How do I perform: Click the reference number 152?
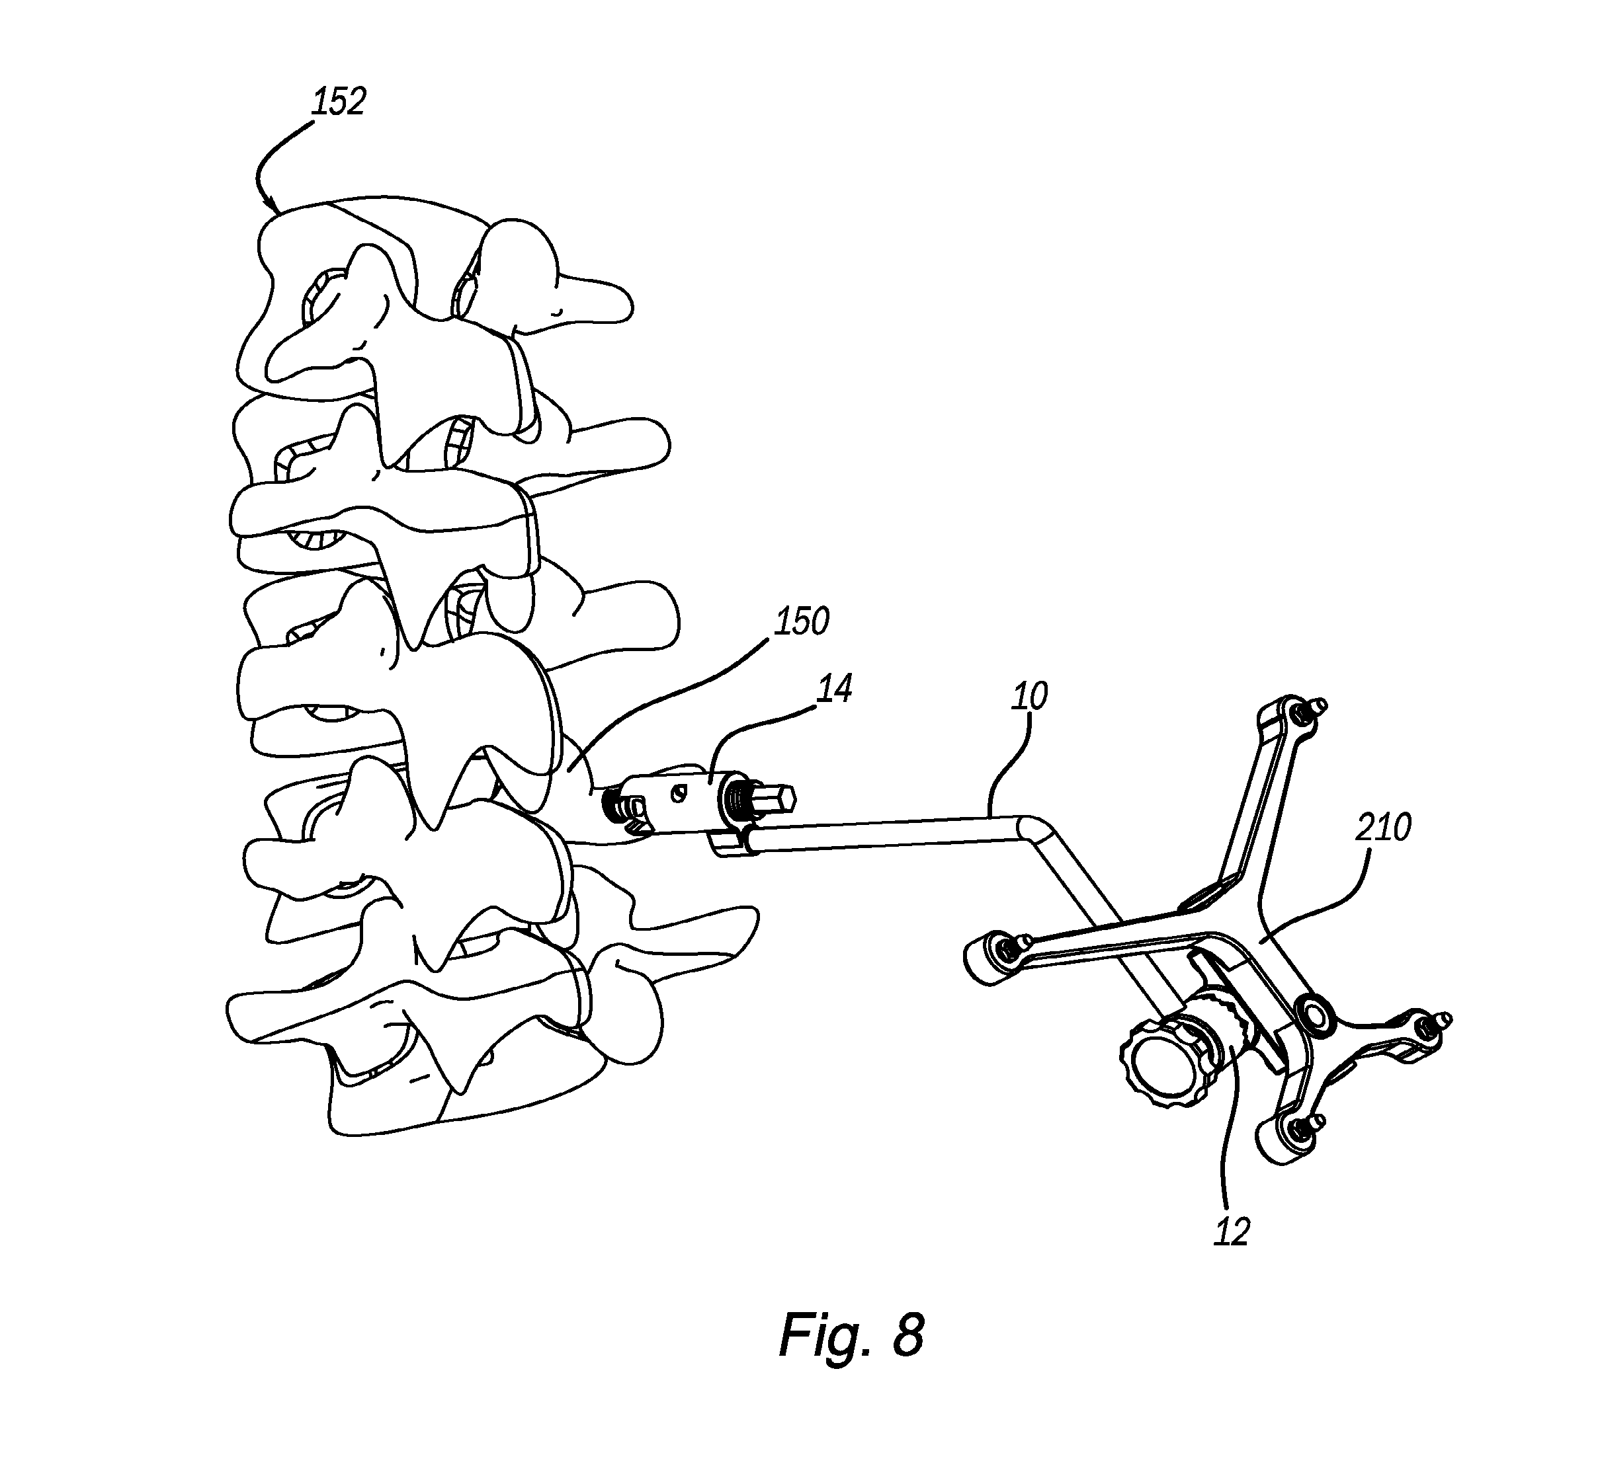click(339, 102)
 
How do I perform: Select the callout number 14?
click(834, 689)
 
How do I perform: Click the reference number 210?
click(1384, 828)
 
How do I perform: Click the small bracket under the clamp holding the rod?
click(730, 845)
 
